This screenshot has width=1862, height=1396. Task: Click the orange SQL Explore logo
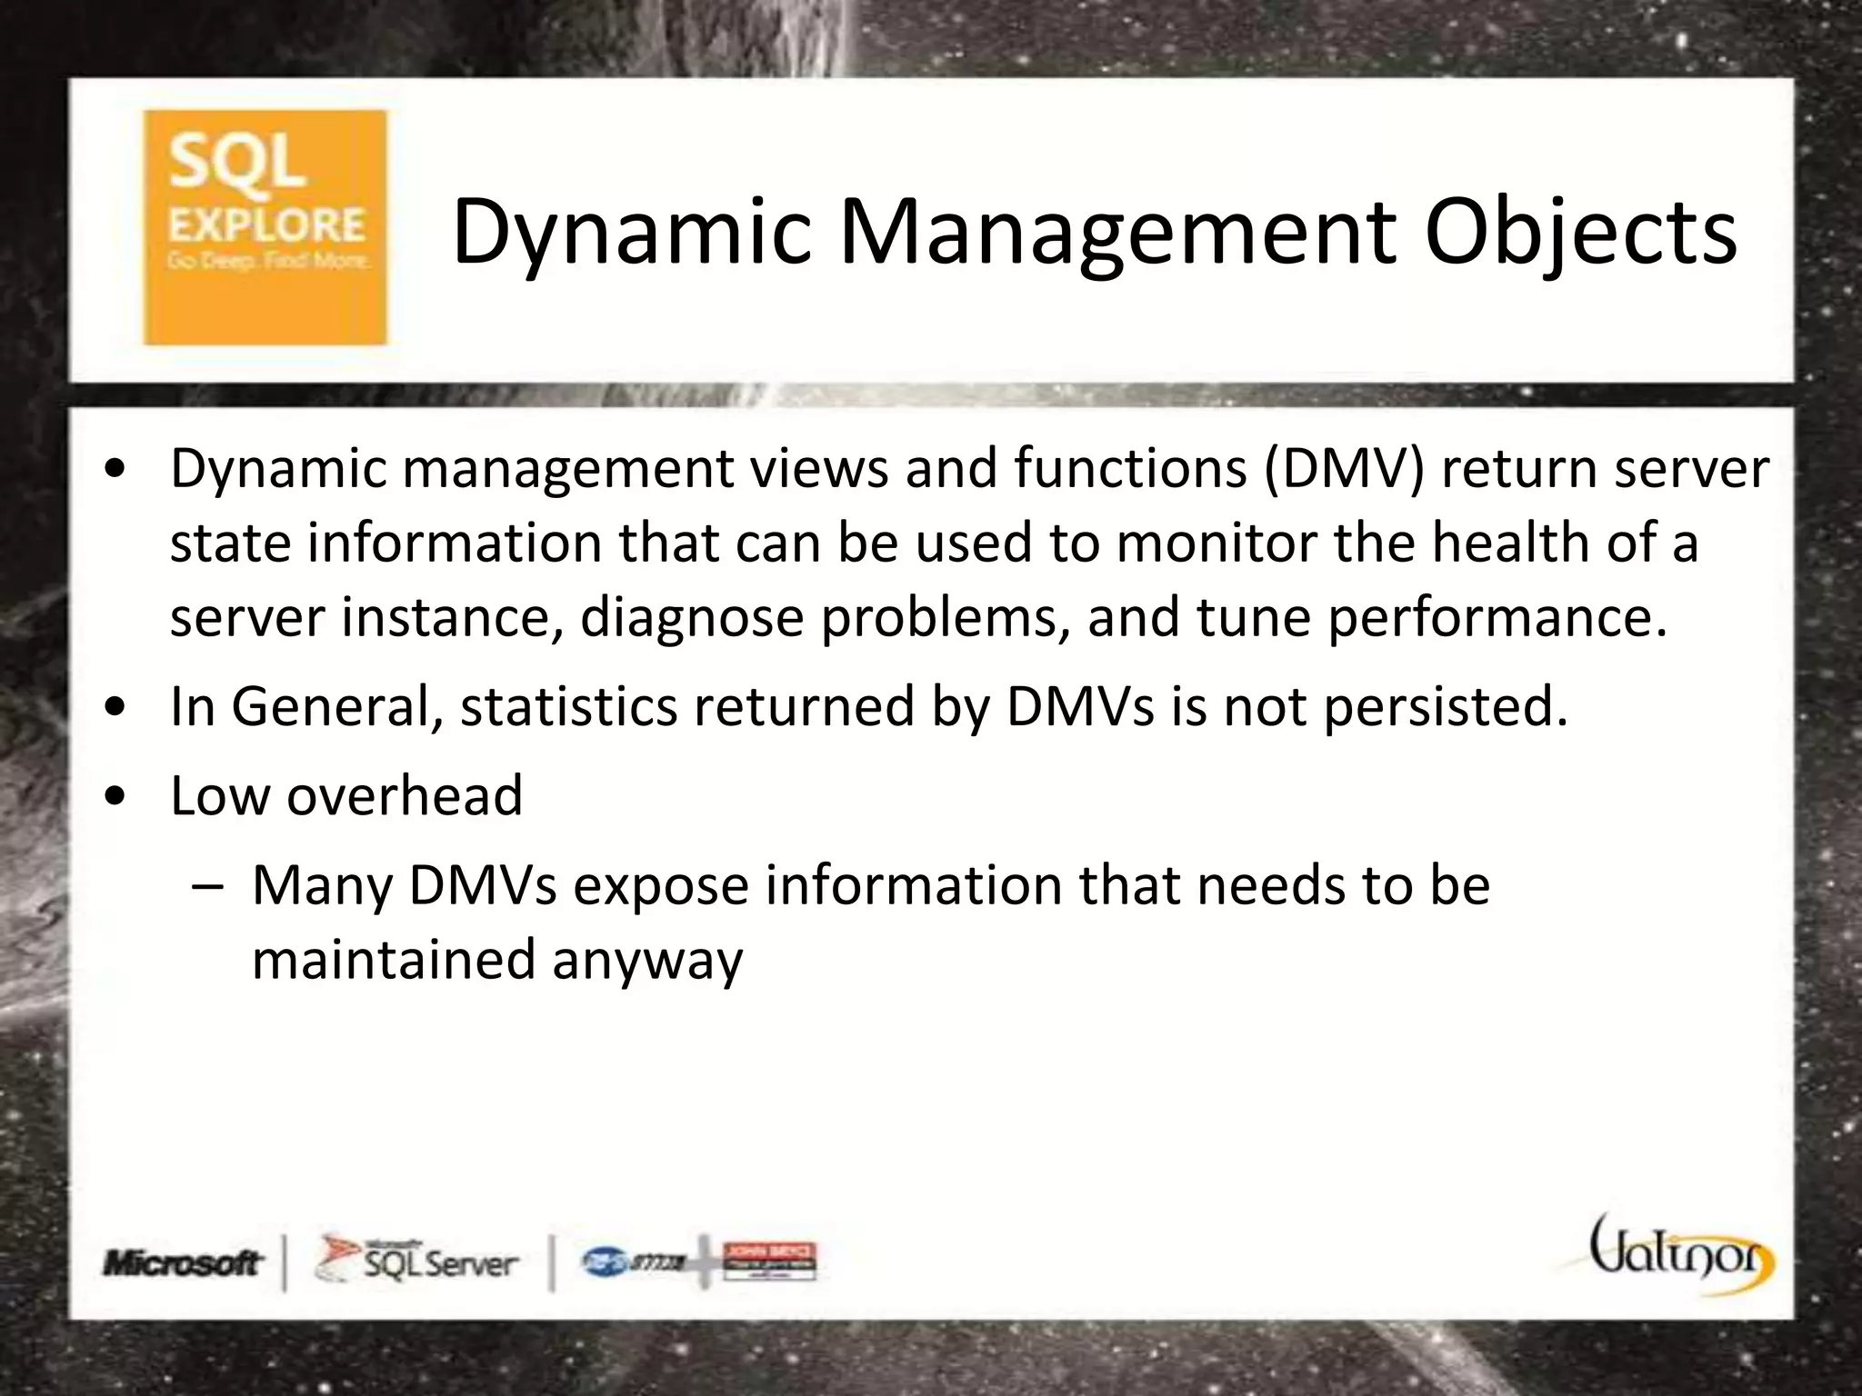265,227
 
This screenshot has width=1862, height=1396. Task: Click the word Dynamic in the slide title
631,234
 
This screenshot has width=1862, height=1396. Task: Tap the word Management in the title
1116,234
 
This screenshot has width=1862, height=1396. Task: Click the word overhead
405,795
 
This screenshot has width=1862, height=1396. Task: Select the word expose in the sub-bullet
660,884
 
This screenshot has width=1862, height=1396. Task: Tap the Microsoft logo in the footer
183,1262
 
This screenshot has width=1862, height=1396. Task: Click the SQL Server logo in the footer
417,1261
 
